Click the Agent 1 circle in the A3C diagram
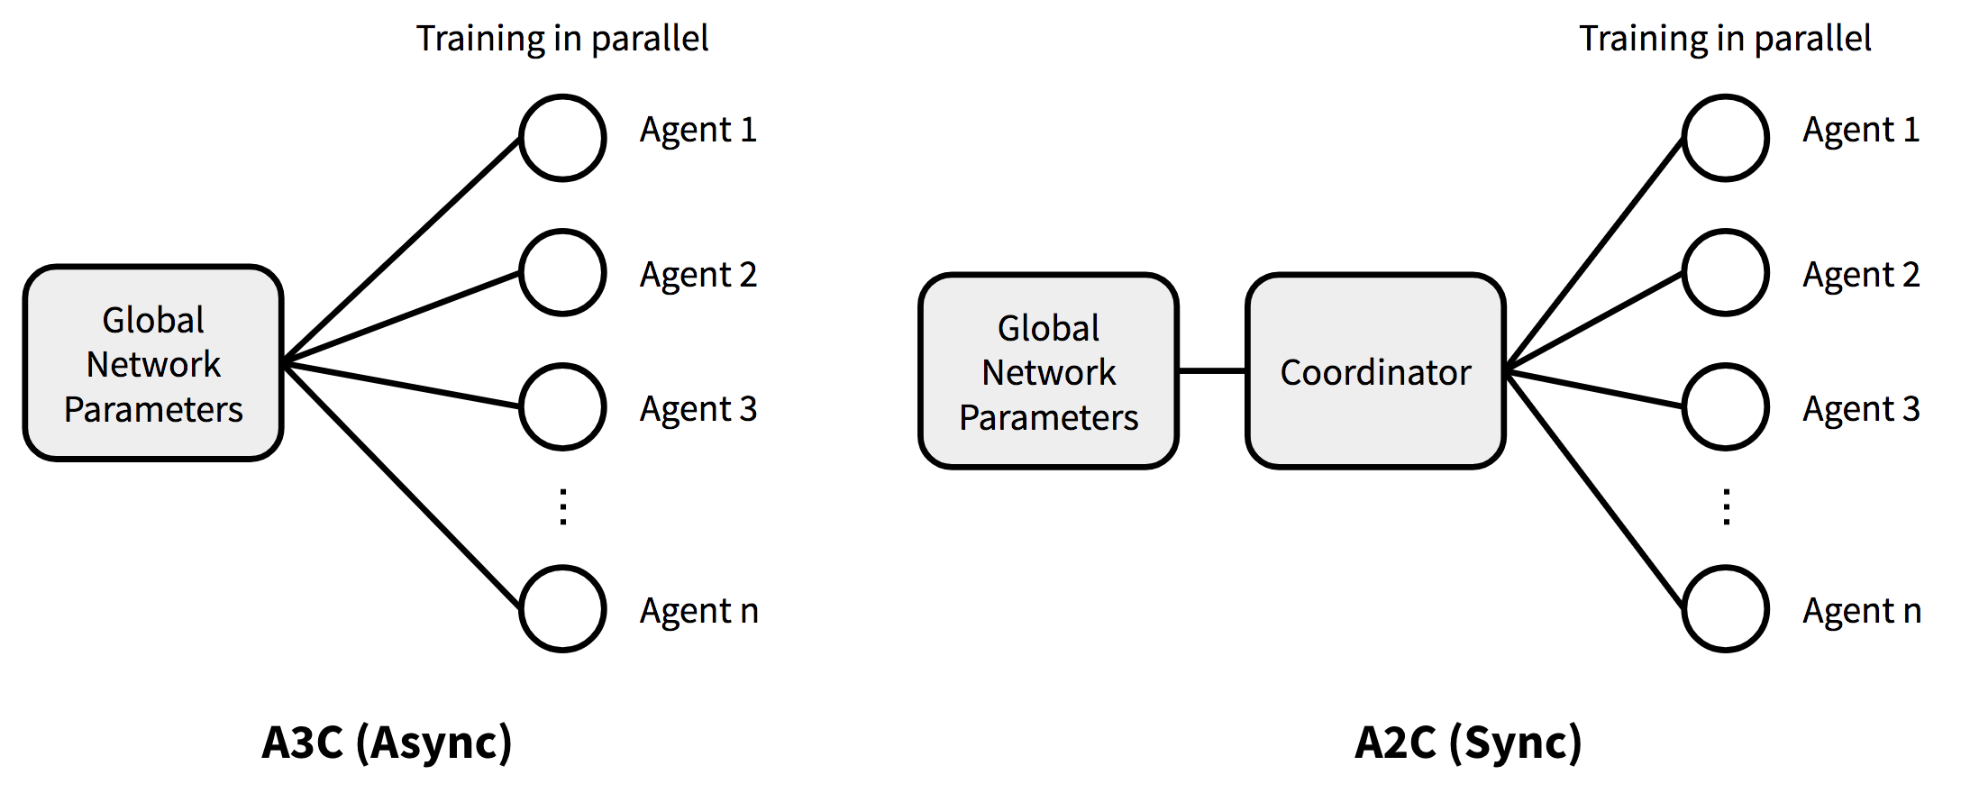point(562,138)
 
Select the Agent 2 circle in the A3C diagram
point(562,272)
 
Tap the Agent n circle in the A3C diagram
point(562,608)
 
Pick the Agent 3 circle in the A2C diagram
point(1725,406)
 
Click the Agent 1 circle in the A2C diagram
point(1725,138)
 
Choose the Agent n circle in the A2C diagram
point(1725,608)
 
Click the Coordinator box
point(1375,371)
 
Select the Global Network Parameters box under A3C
point(153,363)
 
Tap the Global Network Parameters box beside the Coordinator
point(1048,371)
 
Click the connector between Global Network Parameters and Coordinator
point(1212,370)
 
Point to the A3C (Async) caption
point(387,743)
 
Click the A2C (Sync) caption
point(1468,743)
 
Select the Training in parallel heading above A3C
point(562,39)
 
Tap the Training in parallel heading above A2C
point(1725,39)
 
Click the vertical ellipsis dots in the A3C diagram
point(563,506)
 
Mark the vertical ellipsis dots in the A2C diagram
point(1727,506)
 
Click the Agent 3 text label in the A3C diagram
point(698,409)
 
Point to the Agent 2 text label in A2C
point(1861,275)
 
